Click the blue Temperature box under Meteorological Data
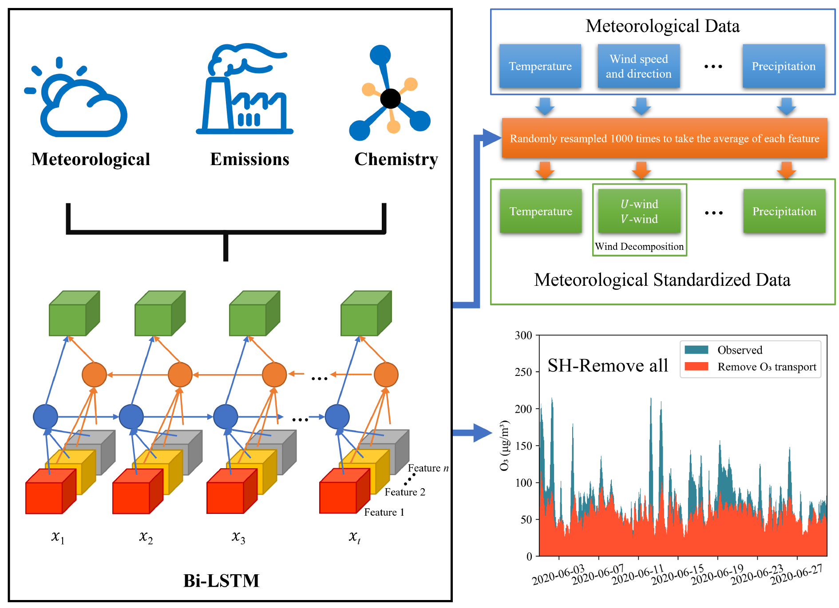540,66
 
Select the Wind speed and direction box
638,66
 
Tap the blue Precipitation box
784,66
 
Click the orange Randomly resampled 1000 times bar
664,138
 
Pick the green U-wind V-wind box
639,211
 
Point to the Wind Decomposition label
639,247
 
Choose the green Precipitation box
784,211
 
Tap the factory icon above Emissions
245,89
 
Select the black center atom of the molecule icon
390,99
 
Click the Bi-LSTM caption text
221,580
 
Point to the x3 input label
238,537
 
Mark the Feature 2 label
405,492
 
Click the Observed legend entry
740,350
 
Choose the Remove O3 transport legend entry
767,367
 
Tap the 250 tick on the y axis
523,372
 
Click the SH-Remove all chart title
607,366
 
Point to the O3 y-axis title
504,445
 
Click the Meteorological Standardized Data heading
662,280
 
